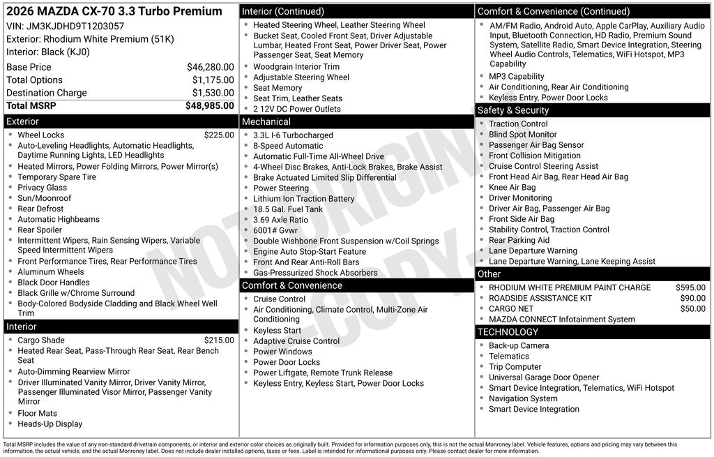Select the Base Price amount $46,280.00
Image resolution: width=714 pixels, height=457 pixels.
point(210,67)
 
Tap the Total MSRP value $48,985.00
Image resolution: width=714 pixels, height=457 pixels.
point(209,105)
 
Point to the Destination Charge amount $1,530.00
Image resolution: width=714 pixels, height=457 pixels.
point(213,93)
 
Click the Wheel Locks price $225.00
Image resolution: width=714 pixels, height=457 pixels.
point(219,135)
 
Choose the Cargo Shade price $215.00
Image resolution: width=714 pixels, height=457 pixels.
point(219,340)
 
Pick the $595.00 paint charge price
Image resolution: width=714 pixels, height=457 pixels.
point(690,287)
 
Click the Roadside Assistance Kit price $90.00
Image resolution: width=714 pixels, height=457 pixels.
point(692,298)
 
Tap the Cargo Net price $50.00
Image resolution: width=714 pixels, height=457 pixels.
point(692,308)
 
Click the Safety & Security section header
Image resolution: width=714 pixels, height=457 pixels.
point(512,110)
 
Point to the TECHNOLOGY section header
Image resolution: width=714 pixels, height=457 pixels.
point(508,332)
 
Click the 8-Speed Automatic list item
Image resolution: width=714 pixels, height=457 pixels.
point(288,146)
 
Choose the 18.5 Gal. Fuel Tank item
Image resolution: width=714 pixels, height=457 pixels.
point(288,209)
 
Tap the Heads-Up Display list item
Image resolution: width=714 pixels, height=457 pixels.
point(50,424)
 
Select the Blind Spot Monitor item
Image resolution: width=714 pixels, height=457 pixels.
point(522,135)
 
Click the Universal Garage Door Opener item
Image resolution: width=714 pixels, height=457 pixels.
point(544,377)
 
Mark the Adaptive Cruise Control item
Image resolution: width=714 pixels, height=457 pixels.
point(296,341)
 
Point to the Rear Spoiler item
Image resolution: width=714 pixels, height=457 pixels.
point(40,230)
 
